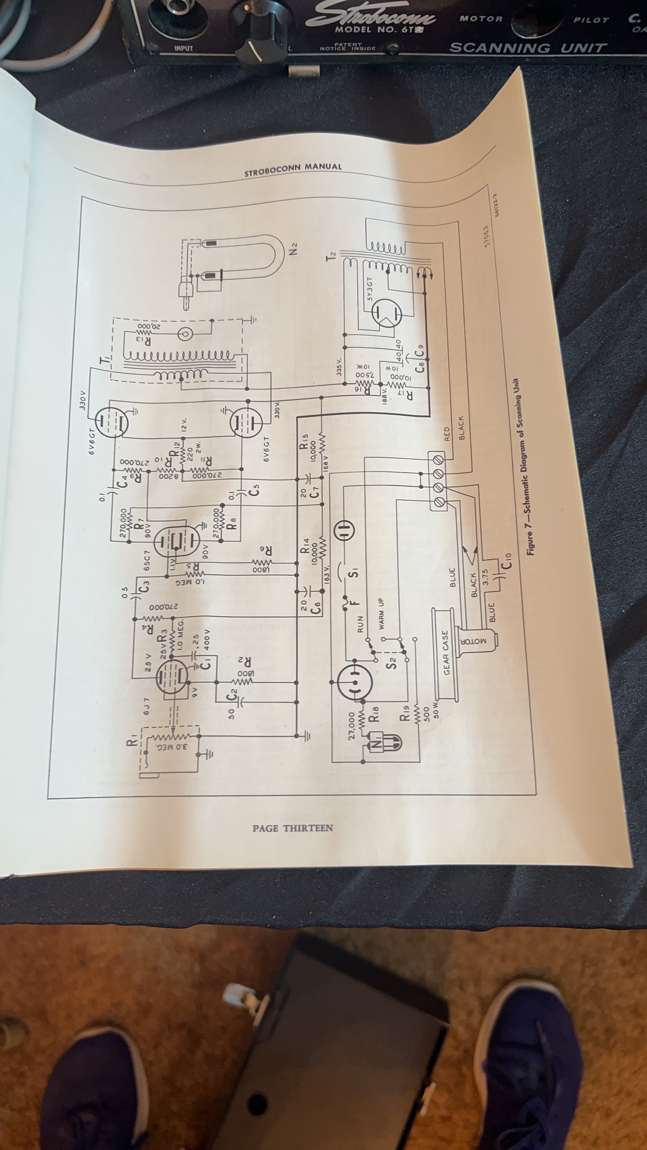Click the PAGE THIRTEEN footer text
click(x=293, y=828)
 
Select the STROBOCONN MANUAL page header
click(x=293, y=170)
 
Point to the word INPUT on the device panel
click(x=184, y=48)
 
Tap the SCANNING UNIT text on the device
click(x=527, y=47)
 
